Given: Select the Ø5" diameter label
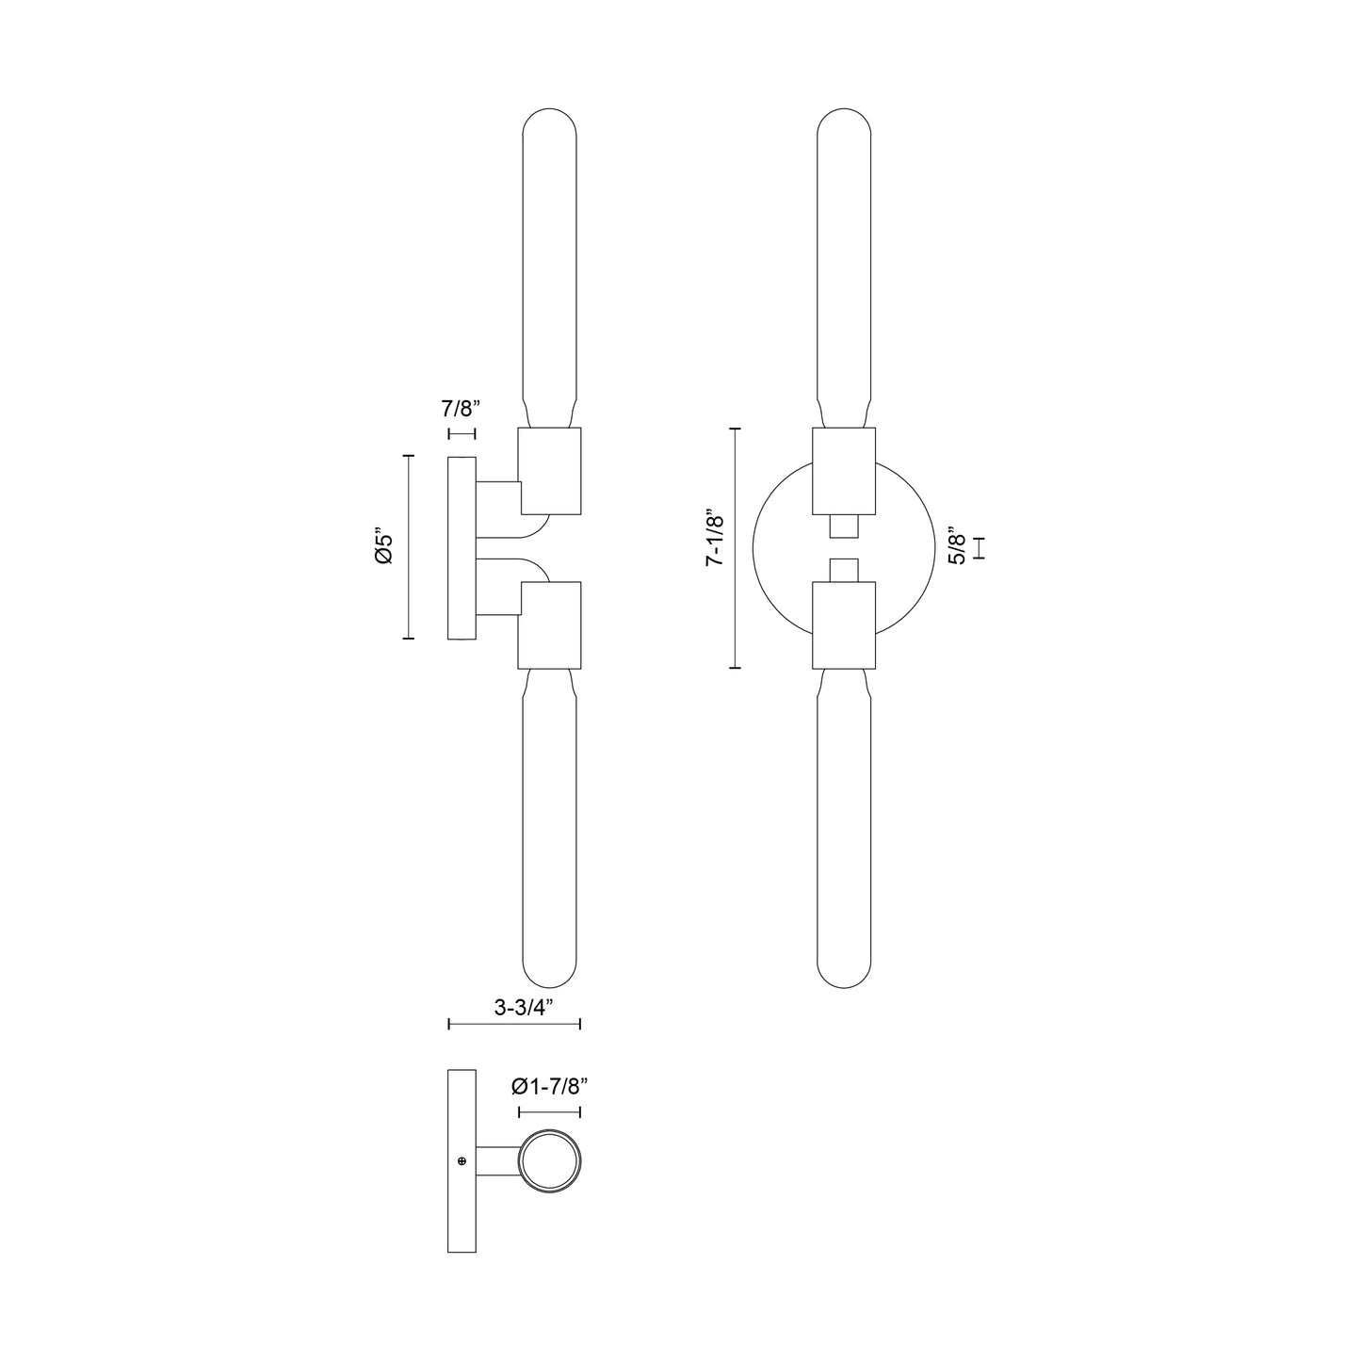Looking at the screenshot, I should tap(382, 547).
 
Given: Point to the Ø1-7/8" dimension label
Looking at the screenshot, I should tap(549, 1086).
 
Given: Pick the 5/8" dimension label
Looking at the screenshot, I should tap(957, 547).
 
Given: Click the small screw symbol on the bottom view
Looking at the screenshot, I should tap(462, 1160).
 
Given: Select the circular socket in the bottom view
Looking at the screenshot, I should tap(551, 1161).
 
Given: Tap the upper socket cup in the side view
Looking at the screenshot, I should tap(550, 471).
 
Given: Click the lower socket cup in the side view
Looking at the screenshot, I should tap(550, 624).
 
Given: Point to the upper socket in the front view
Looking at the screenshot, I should tap(843, 471).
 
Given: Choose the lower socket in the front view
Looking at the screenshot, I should tap(843, 624).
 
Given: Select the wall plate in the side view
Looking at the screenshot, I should tap(462, 547).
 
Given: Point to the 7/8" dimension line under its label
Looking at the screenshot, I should tap(462, 433).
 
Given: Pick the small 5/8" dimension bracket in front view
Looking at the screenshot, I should tap(980, 548).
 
